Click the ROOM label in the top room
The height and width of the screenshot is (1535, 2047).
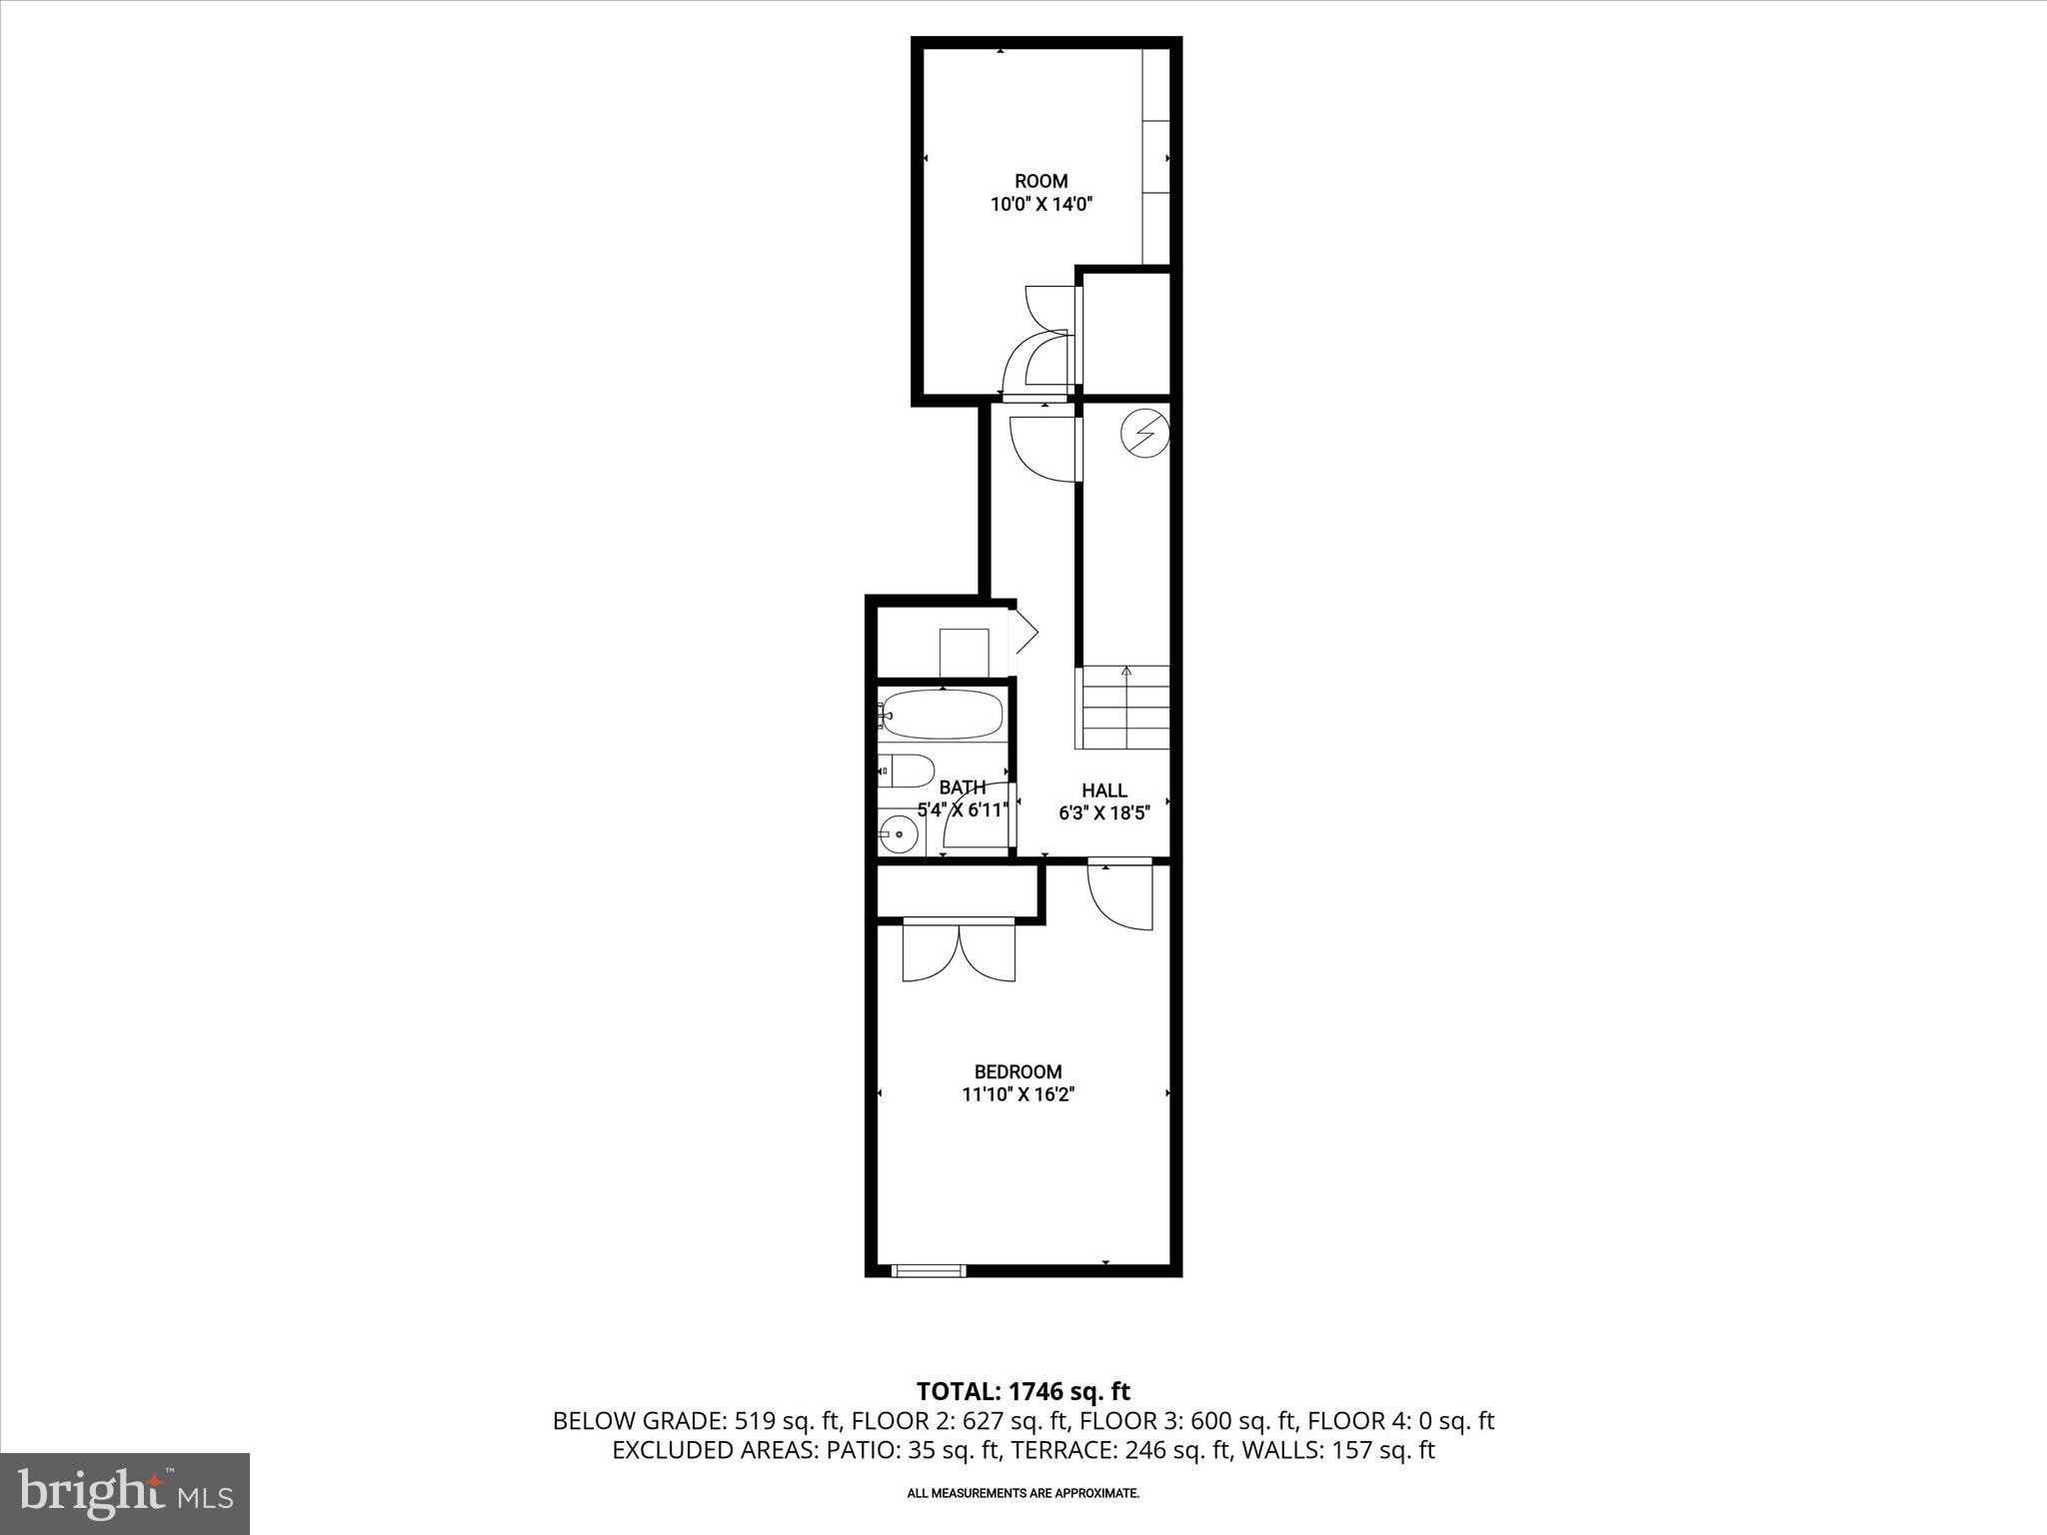[1040, 181]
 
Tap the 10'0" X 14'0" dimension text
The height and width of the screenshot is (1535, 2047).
[1040, 205]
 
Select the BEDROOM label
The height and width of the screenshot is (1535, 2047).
[1018, 1072]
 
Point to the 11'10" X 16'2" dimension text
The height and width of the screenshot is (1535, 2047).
[1018, 1095]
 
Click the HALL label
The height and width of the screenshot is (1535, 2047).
[1103, 790]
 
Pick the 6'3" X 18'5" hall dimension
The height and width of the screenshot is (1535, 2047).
[1103, 813]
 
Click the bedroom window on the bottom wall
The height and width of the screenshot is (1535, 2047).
[929, 1270]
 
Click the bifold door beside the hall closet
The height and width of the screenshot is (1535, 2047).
[1025, 632]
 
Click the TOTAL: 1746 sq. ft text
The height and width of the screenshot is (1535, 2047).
[1023, 1391]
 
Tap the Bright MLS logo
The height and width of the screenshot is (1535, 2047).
[125, 1494]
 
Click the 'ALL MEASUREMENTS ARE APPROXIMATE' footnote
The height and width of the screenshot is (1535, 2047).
[1023, 1493]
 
